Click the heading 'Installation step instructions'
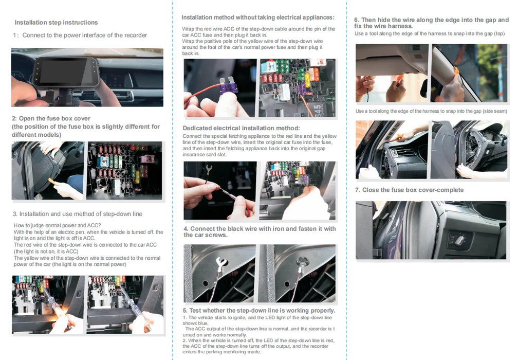tap(56, 23)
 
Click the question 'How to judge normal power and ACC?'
tap(57, 225)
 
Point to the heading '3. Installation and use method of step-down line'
tap(77, 214)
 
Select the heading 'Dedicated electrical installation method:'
tap(241, 128)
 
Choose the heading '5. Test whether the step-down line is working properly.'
tap(259, 311)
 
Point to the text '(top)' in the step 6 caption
tap(499, 33)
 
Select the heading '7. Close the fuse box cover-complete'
tap(409, 190)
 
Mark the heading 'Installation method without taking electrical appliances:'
tap(257, 17)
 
